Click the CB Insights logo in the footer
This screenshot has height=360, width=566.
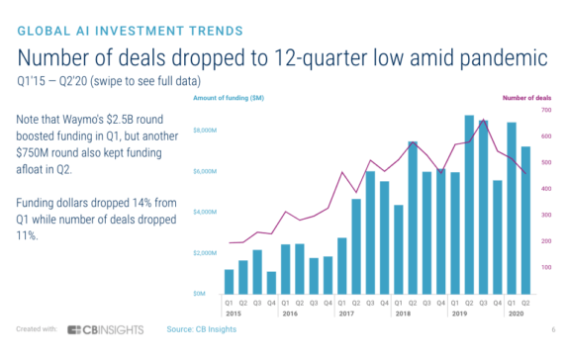click(106, 329)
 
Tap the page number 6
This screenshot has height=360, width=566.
click(550, 329)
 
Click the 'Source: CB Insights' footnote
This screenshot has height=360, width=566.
click(201, 329)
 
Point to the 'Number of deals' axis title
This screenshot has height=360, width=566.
click(525, 99)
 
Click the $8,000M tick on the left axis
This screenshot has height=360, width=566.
click(204, 131)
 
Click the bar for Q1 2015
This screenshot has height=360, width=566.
click(229, 282)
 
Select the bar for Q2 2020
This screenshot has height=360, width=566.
click(525, 220)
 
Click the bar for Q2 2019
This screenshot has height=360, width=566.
click(469, 205)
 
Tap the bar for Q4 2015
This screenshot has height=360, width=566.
click(271, 283)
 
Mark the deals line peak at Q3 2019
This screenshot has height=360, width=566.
click(483, 120)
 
